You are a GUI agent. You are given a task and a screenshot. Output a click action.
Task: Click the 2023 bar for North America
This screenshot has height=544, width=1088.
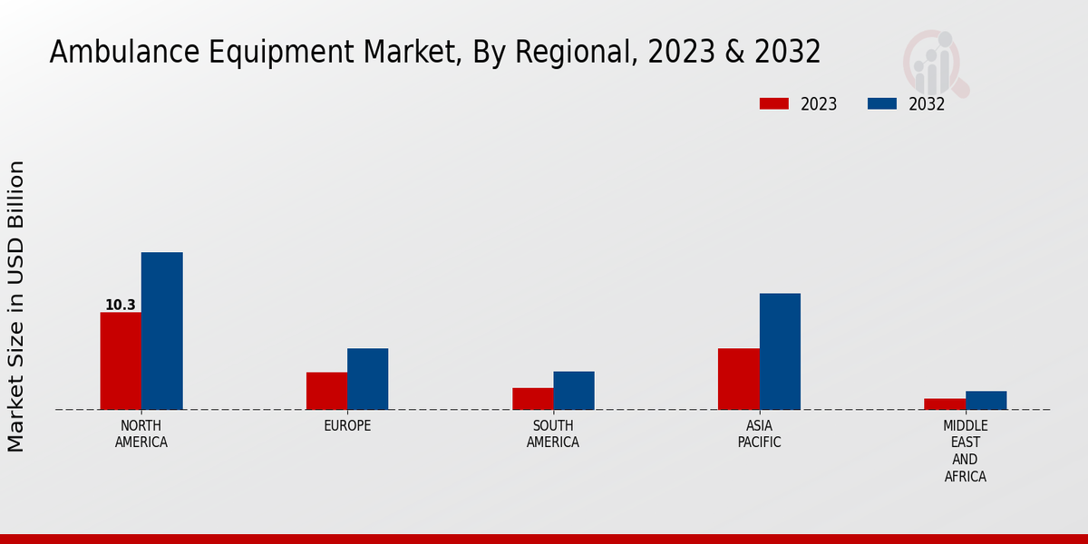tap(121, 361)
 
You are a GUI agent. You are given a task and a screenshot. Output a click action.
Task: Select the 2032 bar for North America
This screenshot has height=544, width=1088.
tap(161, 331)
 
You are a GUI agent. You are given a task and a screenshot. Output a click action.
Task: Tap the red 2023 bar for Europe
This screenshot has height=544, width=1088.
tap(326, 391)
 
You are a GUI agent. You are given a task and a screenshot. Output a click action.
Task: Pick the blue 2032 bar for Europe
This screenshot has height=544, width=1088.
tap(367, 379)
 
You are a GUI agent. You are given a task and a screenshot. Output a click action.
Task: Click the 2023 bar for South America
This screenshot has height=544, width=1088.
tap(532, 399)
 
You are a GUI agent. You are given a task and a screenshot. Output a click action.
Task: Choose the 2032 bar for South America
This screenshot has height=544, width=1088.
tap(574, 391)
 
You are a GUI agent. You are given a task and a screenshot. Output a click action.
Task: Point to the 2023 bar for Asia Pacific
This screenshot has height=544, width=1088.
tap(738, 379)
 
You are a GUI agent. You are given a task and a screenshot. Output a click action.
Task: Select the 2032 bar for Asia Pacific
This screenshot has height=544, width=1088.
tap(780, 352)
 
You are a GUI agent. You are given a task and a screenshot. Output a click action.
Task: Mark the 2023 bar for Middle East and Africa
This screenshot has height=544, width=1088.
tap(945, 404)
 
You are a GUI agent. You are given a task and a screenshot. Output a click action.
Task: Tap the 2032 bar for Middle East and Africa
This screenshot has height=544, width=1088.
tap(986, 401)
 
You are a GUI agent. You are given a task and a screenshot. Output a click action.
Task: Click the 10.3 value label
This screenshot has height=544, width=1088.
tap(120, 305)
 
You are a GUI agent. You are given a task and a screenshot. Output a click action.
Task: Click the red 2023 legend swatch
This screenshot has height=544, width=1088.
tap(773, 104)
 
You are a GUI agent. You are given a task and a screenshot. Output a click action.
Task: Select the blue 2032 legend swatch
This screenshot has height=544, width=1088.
tap(881, 104)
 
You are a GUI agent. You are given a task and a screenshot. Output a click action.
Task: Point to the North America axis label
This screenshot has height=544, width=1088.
tap(141, 434)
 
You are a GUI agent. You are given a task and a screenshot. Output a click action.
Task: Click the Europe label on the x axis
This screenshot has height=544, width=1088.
tap(347, 426)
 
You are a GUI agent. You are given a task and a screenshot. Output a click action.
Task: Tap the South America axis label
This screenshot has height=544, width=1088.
tap(553, 434)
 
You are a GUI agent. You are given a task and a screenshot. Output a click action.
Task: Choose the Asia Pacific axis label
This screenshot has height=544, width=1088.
tap(759, 434)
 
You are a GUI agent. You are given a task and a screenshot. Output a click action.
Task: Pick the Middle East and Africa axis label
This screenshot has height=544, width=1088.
tap(965, 451)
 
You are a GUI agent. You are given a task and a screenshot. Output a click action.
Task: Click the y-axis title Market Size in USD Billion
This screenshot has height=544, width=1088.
tap(16, 306)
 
